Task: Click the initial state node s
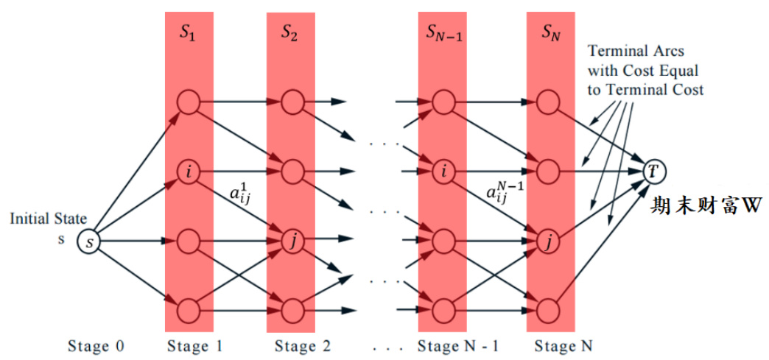tap(89, 241)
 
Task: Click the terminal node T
tap(653, 171)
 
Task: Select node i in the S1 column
tap(189, 172)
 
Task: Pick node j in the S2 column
tap(292, 240)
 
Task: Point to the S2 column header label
tap(290, 32)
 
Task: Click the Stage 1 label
tap(194, 345)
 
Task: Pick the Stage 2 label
tap(303, 345)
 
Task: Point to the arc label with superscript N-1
tap(505, 192)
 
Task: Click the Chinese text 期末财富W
tap(705, 207)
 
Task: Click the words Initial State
tap(48, 219)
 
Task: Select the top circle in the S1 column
tap(189, 102)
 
